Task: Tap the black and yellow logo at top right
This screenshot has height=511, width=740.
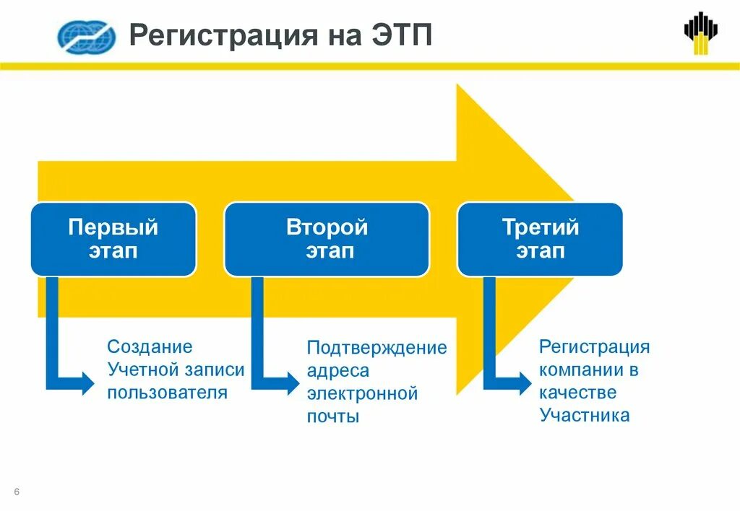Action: (x=701, y=32)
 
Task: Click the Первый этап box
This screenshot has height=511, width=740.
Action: (x=113, y=240)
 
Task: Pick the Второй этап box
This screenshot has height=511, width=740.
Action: (x=327, y=240)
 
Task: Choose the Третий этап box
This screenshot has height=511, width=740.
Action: (x=540, y=240)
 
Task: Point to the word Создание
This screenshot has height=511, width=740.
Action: (x=150, y=347)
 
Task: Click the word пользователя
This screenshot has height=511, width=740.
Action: (x=168, y=393)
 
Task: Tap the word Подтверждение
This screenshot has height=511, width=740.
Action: (x=377, y=348)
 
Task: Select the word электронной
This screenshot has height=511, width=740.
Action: (x=362, y=394)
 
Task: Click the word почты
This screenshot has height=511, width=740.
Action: (x=332, y=417)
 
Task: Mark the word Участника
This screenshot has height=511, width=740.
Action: (x=584, y=416)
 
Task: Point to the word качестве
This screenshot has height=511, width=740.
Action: (x=577, y=393)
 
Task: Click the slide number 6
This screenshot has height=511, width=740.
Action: (x=17, y=492)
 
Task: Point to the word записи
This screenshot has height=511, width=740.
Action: (x=215, y=370)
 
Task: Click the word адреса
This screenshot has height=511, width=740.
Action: (x=337, y=371)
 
